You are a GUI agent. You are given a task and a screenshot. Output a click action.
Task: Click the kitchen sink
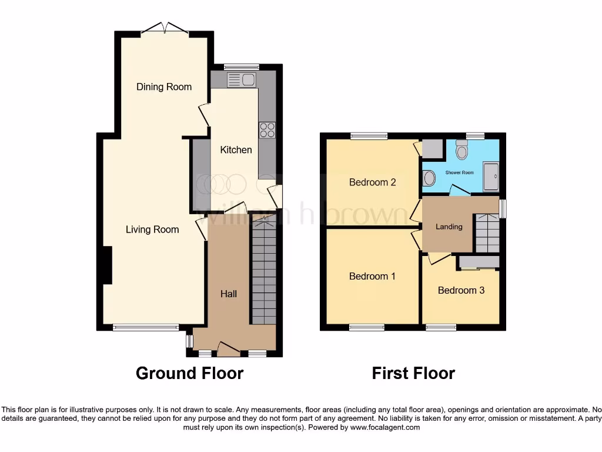click(240, 80)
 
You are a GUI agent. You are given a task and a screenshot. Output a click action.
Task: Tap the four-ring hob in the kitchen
click(267, 129)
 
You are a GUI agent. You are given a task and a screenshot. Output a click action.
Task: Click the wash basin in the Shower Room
click(429, 178)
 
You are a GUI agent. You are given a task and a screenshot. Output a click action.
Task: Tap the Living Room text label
click(152, 230)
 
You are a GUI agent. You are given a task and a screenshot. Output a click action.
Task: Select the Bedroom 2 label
click(372, 182)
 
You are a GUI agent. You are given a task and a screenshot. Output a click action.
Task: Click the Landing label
click(449, 227)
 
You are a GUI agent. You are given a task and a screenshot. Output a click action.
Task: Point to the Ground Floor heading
click(189, 373)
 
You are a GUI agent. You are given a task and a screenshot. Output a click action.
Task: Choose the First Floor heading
click(413, 373)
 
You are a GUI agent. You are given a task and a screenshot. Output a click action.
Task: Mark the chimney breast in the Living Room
click(107, 265)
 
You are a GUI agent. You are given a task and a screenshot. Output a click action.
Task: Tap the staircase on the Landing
click(487, 234)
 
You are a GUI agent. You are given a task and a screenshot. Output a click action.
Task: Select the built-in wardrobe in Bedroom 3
click(479, 262)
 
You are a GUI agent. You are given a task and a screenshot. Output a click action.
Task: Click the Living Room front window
click(145, 328)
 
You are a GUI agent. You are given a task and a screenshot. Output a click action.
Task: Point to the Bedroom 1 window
click(366, 328)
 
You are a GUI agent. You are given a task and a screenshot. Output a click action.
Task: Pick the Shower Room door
click(458, 190)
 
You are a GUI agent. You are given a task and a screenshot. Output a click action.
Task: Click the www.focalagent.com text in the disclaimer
click(384, 427)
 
